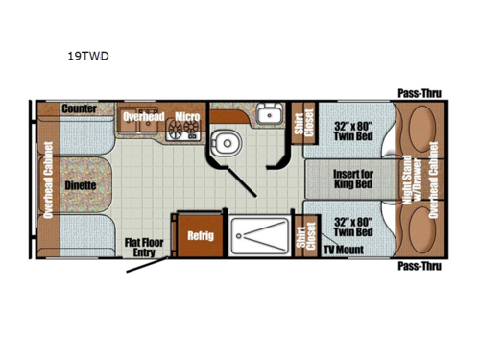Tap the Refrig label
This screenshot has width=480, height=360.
(200, 233)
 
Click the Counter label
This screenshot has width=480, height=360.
(79, 109)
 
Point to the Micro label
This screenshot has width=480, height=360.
(187, 117)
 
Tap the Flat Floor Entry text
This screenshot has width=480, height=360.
(143, 248)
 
